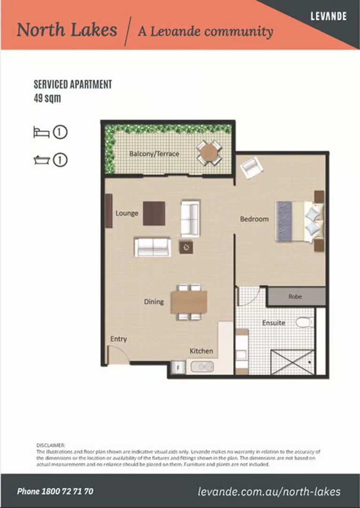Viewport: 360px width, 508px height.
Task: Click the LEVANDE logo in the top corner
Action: coord(329,16)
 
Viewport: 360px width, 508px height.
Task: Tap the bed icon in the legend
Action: coord(41,132)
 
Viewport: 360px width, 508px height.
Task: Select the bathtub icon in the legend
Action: coord(41,160)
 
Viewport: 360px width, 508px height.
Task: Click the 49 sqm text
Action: coord(47,99)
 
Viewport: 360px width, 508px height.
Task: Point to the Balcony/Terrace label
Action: coord(154,154)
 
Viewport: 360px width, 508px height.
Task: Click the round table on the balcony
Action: coord(209,152)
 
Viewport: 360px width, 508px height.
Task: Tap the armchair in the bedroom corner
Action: coord(251,167)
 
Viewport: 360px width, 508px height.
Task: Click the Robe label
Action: coord(295,297)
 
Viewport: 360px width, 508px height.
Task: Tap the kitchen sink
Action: coord(202,366)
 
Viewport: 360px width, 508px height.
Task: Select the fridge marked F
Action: coord(178,367)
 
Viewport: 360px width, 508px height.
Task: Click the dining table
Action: coord(189,302)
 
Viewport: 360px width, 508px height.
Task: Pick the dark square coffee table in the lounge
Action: coord(154,213)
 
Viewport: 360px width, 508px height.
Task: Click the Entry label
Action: coord(118,339)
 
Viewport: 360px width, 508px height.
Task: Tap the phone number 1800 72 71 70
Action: coord(55,492)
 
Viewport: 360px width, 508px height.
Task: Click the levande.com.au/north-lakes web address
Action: coord(269,492)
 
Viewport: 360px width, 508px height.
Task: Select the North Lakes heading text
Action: coord(67,30)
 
